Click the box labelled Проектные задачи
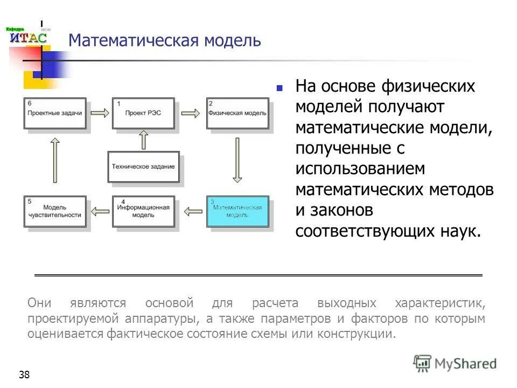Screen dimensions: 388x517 [55, 113]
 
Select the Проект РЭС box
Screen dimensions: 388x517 [143, 113]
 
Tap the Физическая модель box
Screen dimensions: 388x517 [237, 113]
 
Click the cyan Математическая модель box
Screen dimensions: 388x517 [237, 211]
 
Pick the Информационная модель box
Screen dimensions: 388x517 [143, 211]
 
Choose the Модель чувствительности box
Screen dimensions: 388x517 [55, 211]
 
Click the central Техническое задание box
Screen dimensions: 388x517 [143, 167]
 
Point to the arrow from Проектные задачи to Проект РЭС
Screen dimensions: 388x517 [100, 113]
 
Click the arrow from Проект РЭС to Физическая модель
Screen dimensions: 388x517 [190, 113]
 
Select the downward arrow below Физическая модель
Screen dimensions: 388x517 [237, 161]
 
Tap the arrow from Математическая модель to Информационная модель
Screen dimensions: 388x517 [191, 211]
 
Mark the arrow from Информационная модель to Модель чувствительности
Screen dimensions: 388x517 [100, 211]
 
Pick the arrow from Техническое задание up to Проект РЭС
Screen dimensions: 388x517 [143, 141]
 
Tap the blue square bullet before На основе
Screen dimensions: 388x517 [280, 87]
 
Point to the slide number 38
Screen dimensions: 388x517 [24, 375]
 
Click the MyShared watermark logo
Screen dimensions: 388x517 [455, 363]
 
